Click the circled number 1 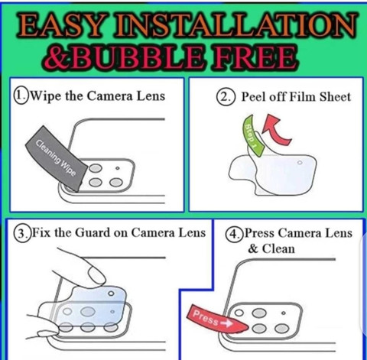[x=21, y=96]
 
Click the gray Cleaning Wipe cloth [x=57, y=158]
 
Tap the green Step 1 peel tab [x=253, y=135]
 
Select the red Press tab [x=216, y=319]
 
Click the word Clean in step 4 [x=278, y=248]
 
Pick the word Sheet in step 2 [x=335, y=97]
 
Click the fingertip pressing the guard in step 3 [x=96, y=276]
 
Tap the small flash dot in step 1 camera [x=118, y=168]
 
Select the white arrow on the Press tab [x=226, y=323]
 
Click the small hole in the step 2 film [x=300, y=163]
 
